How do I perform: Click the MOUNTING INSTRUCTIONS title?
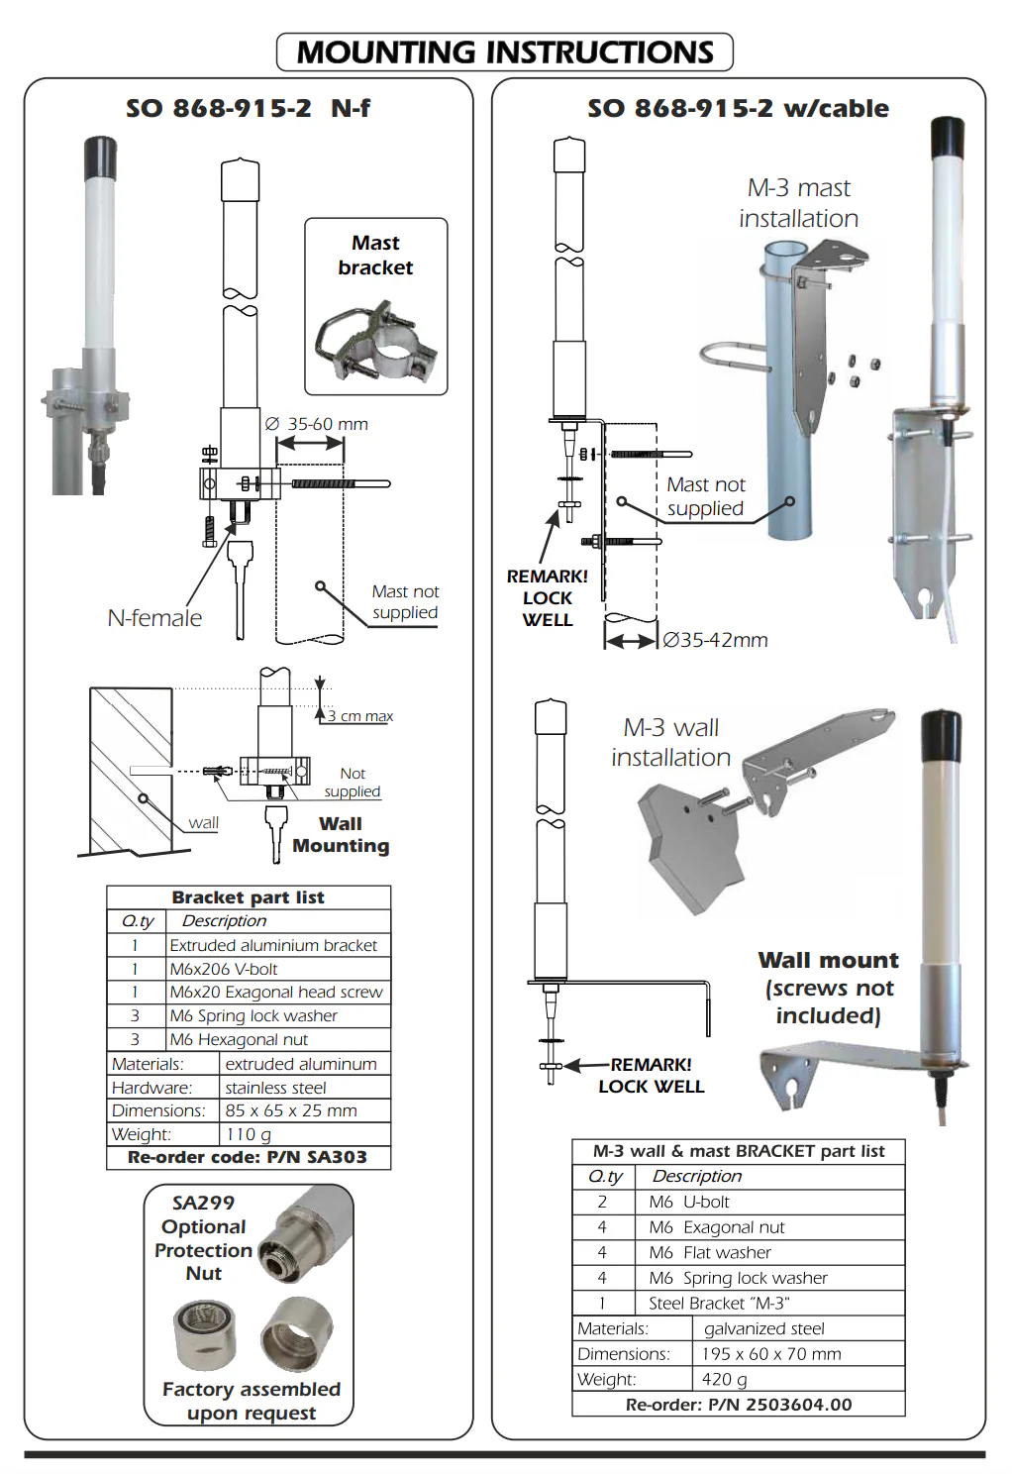point(505,52)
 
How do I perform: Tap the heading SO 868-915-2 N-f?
point(249,108)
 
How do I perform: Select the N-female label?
point(154,618)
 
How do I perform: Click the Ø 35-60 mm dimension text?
point(317,424)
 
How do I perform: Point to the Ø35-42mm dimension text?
point(715,640)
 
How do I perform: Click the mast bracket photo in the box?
point(376,341)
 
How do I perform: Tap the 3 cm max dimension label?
point(360,716)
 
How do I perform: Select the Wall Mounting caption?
point(341,834)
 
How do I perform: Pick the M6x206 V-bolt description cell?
point(278,969)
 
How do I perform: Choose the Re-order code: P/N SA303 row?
point(249,1157)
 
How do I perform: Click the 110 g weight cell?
point(305,1134)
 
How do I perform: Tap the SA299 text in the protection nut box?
point(203,1203)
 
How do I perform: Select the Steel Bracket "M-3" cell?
point(769,1304)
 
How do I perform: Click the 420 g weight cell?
point(799,1379)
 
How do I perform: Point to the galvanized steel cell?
point(799,1328)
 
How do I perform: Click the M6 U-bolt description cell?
point(769,1202)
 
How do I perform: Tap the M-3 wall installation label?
point(671,742)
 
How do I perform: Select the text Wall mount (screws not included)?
point(829,988)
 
